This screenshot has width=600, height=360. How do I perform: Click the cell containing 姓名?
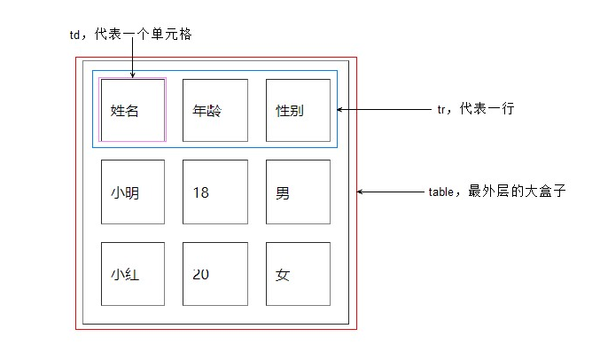point(133,110)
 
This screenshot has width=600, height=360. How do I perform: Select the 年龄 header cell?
point(215,110)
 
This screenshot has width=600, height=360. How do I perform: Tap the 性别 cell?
point(298,110)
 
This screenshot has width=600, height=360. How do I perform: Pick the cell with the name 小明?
point(133,192)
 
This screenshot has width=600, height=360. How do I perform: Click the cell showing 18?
point(215,192)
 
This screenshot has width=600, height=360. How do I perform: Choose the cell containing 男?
point(298,192)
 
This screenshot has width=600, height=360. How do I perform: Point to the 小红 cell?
point(133,274)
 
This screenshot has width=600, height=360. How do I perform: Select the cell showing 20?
point(215,274)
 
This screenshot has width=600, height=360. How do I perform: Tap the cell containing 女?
point(298,274)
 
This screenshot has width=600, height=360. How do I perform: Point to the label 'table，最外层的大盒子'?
point(495,192)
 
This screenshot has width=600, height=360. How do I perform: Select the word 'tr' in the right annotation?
point(442,109)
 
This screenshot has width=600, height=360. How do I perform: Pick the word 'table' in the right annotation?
point(440,192)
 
